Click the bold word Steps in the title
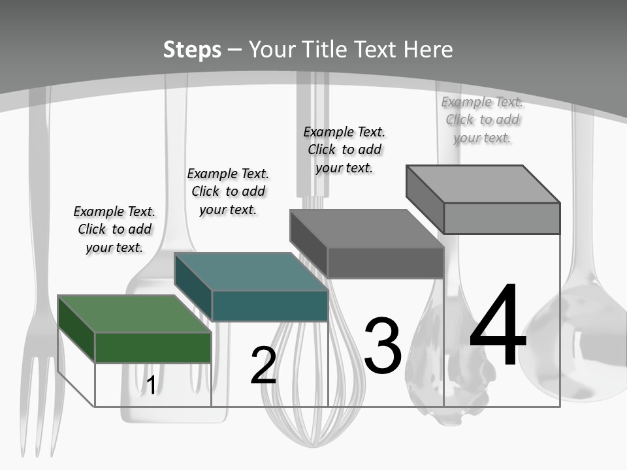[192, 50]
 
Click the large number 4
[498, 324]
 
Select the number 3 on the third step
[383, 345]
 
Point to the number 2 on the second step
[263, 366]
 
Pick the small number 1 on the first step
[151, 385]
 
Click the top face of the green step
[135, 314]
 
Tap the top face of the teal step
[251, 272]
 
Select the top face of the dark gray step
[367, 228]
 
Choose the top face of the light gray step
[483, 184]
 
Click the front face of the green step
[153, 348]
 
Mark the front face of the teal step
[270, 305]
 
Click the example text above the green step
[114, 229]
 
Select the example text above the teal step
[228, 191]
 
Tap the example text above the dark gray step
[344, 150]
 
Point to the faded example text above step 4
[482, 119]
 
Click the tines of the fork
[39, 403]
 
